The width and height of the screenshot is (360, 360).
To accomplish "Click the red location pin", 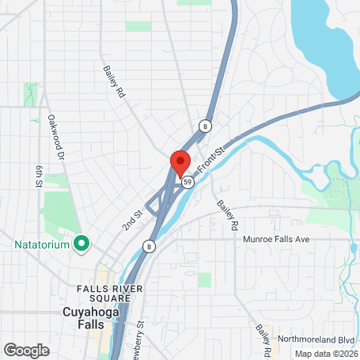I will tap(180, 161).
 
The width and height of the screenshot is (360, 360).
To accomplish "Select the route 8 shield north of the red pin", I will tap(205, 126).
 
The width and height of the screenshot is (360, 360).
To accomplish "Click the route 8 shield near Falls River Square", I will tap(149, 246).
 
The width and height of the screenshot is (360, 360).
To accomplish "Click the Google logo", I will tap(26, 349).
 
